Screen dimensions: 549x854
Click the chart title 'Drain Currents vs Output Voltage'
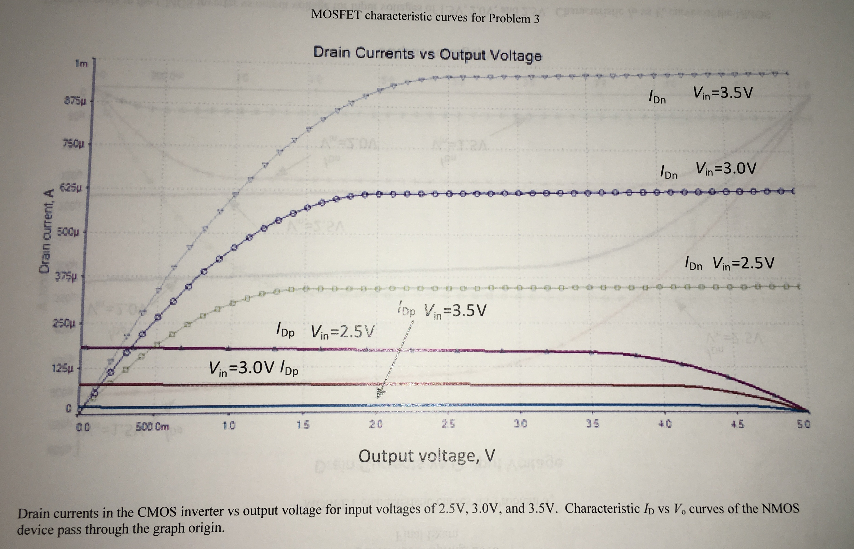point(427,54)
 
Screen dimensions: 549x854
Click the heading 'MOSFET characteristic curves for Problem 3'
point(425,16)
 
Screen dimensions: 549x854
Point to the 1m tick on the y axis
point(82,64)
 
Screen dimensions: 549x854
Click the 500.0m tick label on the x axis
point(153,426)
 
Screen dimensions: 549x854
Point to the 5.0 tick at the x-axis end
point(805,425)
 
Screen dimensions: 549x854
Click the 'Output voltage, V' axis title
point(427,456)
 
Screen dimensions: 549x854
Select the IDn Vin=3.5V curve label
point(701,95)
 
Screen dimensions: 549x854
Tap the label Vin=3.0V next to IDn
point(726,169)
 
